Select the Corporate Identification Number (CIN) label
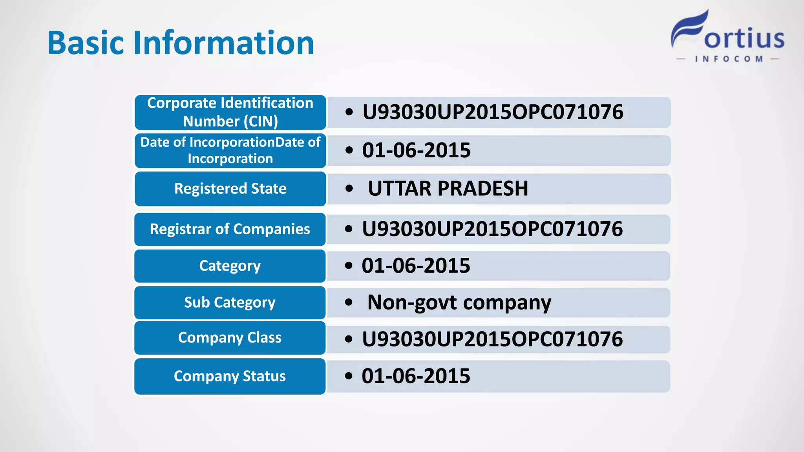point(230,112)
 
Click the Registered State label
point(230,189)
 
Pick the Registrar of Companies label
point(230,229)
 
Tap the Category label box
point(230,266)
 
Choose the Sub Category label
point(230,303)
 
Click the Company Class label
point(230,338)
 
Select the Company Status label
point(230,376)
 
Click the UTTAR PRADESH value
point(448,189)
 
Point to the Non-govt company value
point(459,303)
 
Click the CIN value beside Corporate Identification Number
point(492,112)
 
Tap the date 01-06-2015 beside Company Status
point(416,376)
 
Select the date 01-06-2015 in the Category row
point(416,266)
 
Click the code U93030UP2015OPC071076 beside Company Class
point(492,339)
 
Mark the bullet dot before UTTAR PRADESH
point(349,189)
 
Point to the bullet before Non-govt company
point(349,303)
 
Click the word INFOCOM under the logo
point(729,59)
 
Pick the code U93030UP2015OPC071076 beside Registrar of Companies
point(492,229)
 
